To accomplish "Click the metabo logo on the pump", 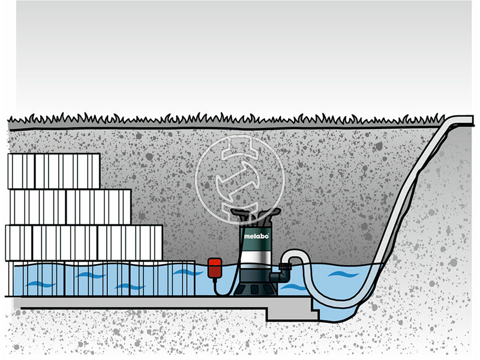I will click(x=253, y=236).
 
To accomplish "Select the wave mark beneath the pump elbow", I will click(x=293, y=287).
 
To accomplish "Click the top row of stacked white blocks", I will click(x=54, y=171).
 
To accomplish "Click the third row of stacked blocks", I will click(x=84, y=242).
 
